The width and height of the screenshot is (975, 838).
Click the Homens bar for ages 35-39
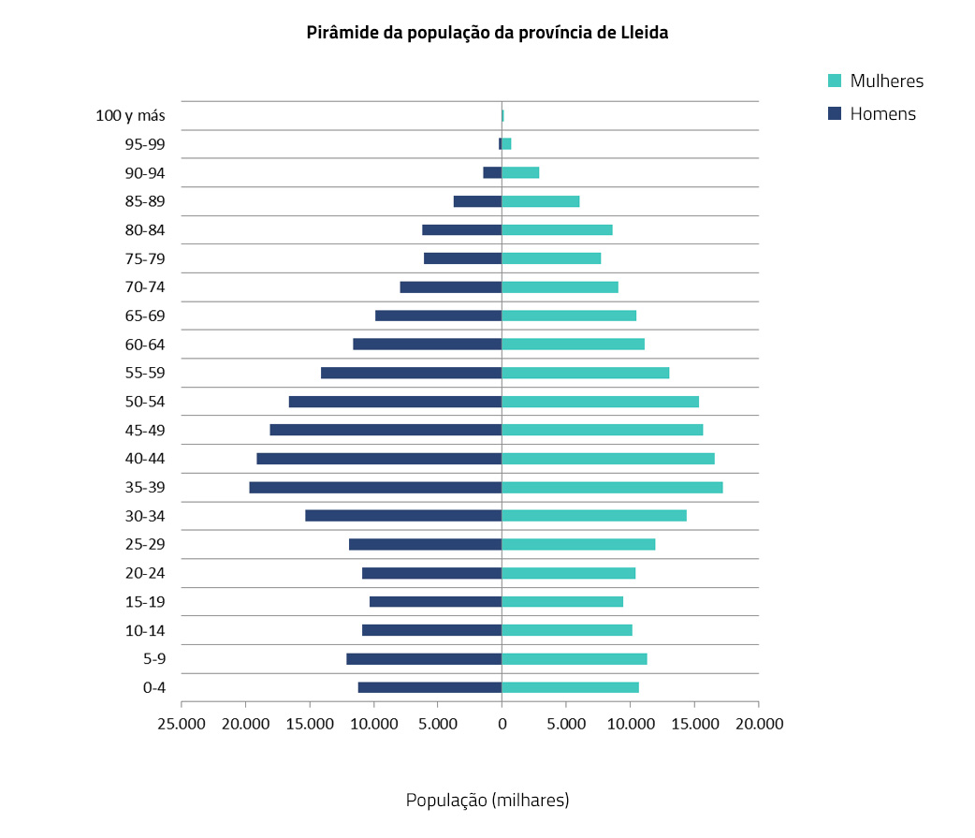[375, 487]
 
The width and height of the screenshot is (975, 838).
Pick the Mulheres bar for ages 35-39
[612, 487]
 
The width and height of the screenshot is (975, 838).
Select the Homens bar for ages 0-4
[429, 687]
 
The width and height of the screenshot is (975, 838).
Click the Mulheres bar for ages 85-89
[541, 201]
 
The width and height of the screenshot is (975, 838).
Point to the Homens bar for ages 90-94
[492, 172]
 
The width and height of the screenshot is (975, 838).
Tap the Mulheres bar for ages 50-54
[600, 402]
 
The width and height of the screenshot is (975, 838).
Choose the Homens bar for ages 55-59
[411, 373]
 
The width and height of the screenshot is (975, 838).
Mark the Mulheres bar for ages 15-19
[562, 601]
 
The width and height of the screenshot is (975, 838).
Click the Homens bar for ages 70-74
[451, 287]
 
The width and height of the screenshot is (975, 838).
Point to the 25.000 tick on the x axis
[182, 724]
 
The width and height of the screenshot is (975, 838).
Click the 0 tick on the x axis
[502, 724]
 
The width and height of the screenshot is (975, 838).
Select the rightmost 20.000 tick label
[758, 724]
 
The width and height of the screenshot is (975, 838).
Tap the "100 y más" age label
[130, 116]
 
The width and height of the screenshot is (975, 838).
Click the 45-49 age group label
[145, 431]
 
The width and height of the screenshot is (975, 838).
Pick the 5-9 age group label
[154, 659]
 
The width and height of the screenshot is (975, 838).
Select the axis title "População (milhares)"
[487, 801]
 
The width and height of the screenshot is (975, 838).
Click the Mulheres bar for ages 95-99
[506, 143]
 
